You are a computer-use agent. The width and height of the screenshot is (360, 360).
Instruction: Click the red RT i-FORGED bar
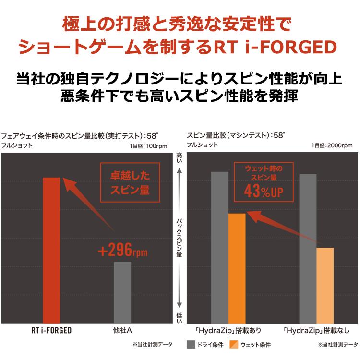(51, 250)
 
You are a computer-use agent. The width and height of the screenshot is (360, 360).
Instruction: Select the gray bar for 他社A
(122, 292)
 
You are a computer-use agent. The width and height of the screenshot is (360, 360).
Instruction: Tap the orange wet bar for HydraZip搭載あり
(237, 268)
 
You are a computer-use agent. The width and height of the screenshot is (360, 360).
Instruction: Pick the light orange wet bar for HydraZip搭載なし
(325, 286)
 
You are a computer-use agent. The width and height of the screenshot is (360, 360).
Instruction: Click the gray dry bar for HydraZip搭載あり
(220, 248)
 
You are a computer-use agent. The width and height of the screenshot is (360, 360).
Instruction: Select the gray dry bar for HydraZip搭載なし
(308, 249)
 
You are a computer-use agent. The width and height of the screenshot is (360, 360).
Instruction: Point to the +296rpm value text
(123, 250)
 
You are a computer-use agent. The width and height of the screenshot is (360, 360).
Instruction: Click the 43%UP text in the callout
(264, 191)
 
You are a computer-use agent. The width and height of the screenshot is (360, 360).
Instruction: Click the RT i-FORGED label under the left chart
(51, 330)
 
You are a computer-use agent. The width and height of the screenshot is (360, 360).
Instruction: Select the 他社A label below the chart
(122, 330)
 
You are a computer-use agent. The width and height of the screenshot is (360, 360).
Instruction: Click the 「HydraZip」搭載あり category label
(228, 331)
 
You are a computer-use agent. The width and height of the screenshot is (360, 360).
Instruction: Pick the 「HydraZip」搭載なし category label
(316, 331)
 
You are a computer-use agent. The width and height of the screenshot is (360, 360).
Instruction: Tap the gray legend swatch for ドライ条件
(191, 345)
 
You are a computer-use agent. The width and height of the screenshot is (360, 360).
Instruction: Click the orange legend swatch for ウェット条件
(234, 345)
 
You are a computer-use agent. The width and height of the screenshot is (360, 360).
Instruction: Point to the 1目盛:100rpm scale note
(148, 146)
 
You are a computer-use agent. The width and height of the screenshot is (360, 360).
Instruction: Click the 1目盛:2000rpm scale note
(332, 145)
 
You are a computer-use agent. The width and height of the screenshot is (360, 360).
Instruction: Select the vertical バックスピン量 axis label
(180, 238)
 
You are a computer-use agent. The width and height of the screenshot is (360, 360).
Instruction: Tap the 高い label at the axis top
(180, 158)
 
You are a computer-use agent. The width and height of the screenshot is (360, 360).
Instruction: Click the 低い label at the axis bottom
(180, 318)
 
